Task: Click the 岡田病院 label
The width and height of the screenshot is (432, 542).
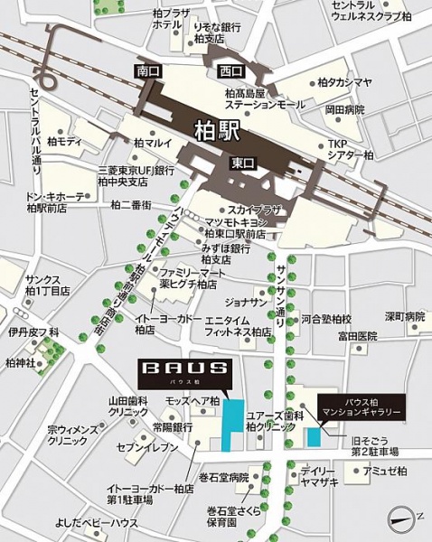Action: [x=345, y=109]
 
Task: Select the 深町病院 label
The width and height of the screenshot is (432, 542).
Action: [x=404, y=316]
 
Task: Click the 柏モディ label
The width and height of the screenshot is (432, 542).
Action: [x=65, y=142]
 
